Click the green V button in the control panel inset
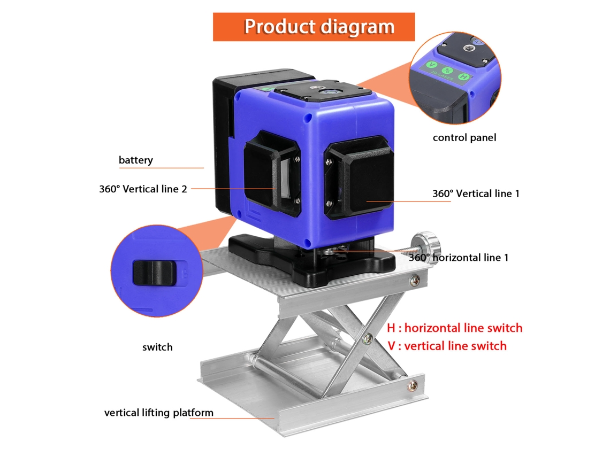point(432,65)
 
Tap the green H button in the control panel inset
point(463,76)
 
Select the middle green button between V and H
point(447,71)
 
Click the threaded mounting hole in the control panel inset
point(467,48)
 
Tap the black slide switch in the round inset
point(154,273)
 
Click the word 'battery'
point(136,160)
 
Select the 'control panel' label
point(464,137)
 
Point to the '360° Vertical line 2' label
point(143,189)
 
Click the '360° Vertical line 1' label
point(476,193)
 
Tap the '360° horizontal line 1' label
point(459,258)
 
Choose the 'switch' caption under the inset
point(157,347)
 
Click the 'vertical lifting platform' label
point(159,413)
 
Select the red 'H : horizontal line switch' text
point(455,328)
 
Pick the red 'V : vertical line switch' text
point(447,346)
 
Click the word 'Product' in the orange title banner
point(280,27)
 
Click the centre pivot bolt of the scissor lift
point(367,339)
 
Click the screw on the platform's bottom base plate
point(413,385)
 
